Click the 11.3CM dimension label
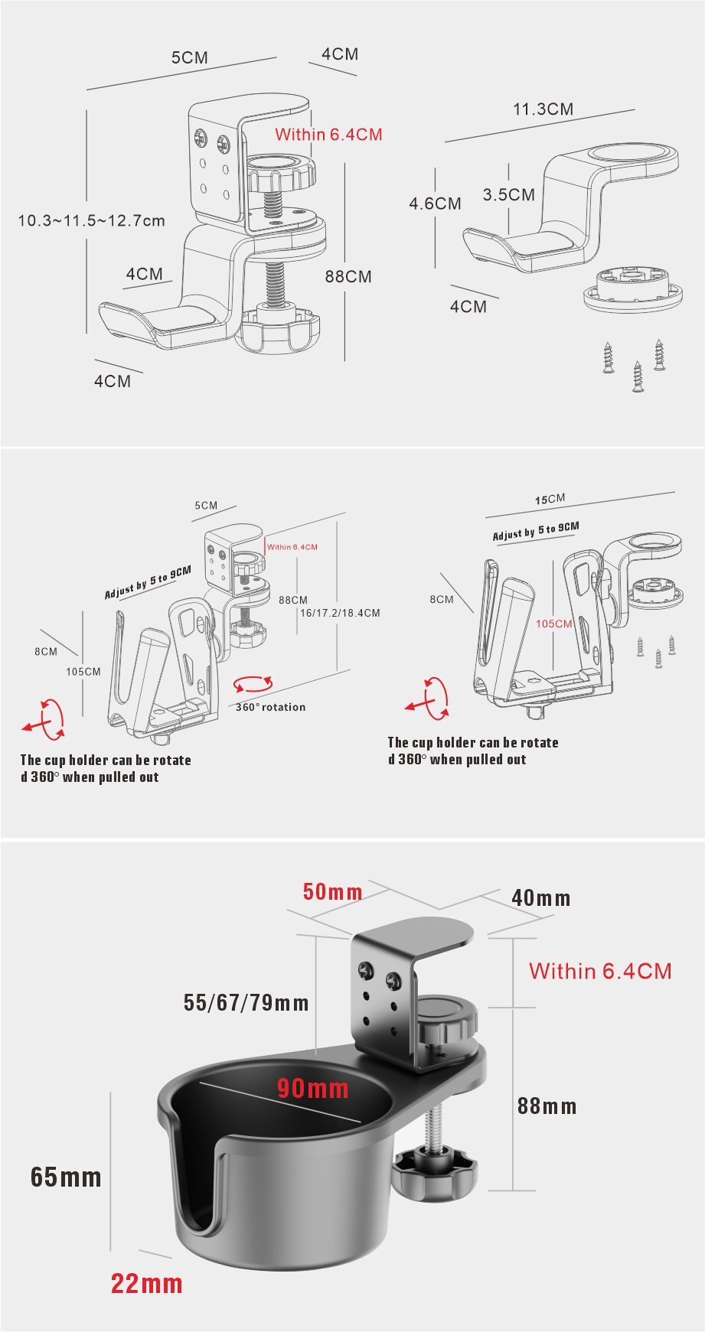point(543,109)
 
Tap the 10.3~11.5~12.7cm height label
point(92,221)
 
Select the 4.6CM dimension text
point(435,204)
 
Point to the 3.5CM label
point(508,194)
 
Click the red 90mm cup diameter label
point(312,1088)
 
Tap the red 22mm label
point(147,1283)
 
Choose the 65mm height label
point(66,1176)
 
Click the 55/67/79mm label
point(246,1002)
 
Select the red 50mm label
point(332,891)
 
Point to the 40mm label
point(540,897)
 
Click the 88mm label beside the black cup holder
point(547,1106)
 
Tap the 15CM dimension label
point(550,500)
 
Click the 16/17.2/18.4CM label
point(340,613)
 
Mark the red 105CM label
point(553,624)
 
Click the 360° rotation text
point(270,707)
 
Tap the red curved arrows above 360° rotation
point(253,684)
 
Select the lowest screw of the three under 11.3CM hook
point(637,376)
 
